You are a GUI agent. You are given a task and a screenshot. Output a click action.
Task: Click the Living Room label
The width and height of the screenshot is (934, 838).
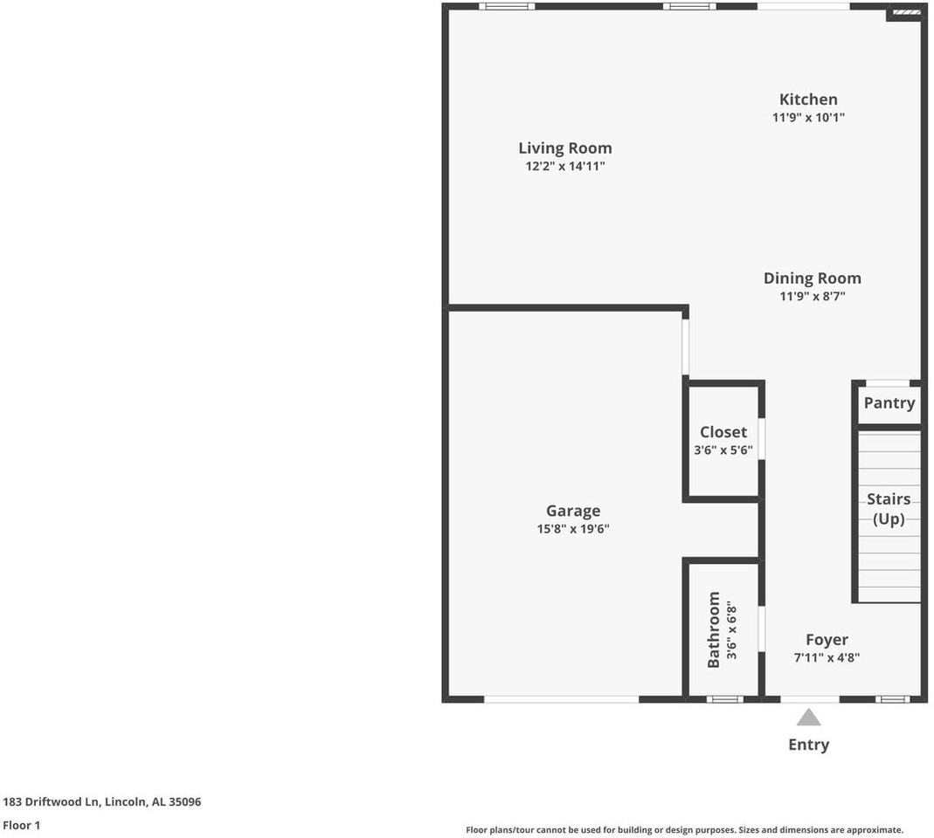(x=564, y=148)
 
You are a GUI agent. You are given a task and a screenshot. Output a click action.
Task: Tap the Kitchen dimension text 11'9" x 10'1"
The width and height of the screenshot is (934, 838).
(x=808, y=117)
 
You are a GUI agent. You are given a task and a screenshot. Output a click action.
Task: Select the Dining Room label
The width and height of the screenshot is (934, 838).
(x=812, y=278)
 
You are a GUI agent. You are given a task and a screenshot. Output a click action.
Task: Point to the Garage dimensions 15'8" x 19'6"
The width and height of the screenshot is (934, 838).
(x=573, y=529)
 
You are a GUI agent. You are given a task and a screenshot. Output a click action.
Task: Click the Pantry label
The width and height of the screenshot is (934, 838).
(x=889, y=403)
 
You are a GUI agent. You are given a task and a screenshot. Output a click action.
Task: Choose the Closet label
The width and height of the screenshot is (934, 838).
(x=723, y=432)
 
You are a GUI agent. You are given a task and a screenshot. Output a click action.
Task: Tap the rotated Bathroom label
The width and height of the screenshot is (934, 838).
(x=714, y=629)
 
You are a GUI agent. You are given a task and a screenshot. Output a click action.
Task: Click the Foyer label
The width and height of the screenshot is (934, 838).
(x=827, y=640)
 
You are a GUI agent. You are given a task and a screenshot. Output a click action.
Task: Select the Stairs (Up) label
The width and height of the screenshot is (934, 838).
(x=889, y=509)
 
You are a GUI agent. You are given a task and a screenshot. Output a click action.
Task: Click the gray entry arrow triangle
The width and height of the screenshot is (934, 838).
(x=808, y=718)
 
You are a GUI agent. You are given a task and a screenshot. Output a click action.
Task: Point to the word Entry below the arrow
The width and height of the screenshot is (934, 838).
(x=808, y=745)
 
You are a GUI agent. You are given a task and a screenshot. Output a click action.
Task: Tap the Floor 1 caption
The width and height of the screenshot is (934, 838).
(x=22, y=825)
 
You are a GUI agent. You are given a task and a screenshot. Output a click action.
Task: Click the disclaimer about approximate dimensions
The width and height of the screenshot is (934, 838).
(x=684, y=830)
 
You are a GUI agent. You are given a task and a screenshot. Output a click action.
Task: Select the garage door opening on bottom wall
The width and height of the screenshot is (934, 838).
(x=561, y=699)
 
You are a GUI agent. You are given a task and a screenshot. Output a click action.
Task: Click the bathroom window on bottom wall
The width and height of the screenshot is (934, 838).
(x=724, y=699)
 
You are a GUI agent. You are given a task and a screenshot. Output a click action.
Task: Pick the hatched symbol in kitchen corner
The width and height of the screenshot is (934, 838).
(x=905, y=14)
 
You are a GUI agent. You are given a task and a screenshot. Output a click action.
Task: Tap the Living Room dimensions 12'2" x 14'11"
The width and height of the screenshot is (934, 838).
(x=564, y=166)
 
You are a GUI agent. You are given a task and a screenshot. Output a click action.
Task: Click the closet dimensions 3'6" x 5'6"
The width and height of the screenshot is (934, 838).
(x=723, y=450)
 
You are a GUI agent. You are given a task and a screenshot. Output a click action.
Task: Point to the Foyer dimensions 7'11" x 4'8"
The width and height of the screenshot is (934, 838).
(x=827, y=658)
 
